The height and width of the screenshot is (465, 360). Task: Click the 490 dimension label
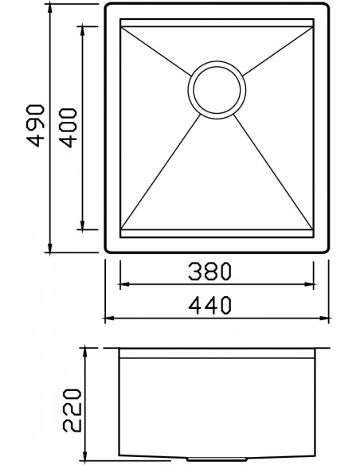[36, 126]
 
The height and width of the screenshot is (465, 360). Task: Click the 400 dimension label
[68, 128]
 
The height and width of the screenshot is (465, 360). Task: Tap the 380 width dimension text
[209, 271]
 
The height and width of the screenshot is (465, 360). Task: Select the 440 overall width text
[209, 306]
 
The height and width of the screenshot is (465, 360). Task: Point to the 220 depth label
[72, 410]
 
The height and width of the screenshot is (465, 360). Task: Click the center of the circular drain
[217, 90]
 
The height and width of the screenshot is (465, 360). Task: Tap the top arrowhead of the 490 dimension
[50, 10]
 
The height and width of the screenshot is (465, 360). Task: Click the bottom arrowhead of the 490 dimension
[50, 248]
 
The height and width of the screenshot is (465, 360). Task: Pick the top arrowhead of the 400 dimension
[83, 31]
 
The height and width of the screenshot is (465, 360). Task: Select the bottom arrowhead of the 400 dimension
[83, 225]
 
